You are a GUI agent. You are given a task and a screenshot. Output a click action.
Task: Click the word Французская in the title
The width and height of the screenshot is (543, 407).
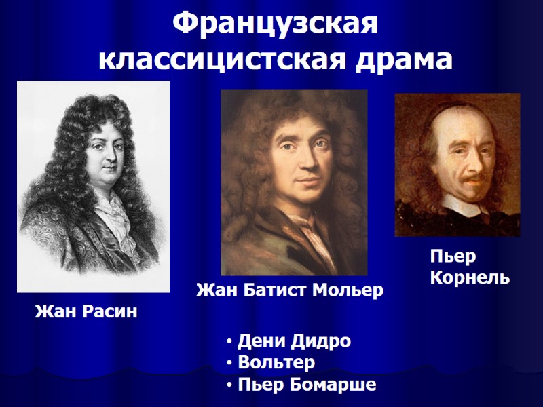tap(274, 25)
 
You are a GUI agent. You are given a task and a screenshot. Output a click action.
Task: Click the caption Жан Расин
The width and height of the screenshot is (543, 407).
tap(86, 312)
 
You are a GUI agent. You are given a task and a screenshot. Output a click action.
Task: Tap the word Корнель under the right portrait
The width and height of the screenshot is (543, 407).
tap(470, 278)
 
